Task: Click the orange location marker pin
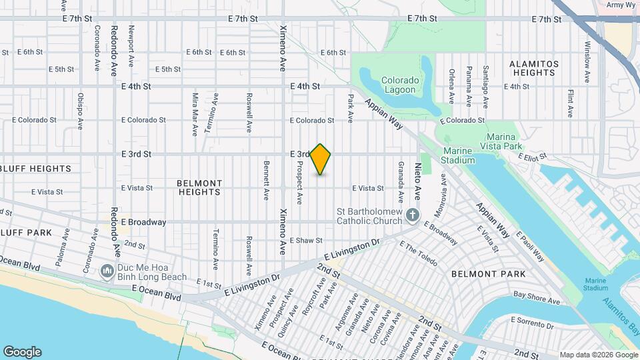[x=321, y=159]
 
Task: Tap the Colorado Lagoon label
[x=400, y=85]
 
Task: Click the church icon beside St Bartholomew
[x=413, y=215]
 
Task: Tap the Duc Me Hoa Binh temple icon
[x=107, y=272]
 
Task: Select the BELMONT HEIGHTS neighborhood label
[x=199, y=187]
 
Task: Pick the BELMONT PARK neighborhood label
[x=488, y=274]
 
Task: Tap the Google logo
[x=22, y=352]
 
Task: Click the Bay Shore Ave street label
[x=536, y=297]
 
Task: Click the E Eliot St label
[x=533, y=157]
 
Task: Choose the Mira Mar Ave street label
[x=195, y=114]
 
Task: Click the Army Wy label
[x=619, y=5]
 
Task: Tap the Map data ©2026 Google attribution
[x=597, y=355]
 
